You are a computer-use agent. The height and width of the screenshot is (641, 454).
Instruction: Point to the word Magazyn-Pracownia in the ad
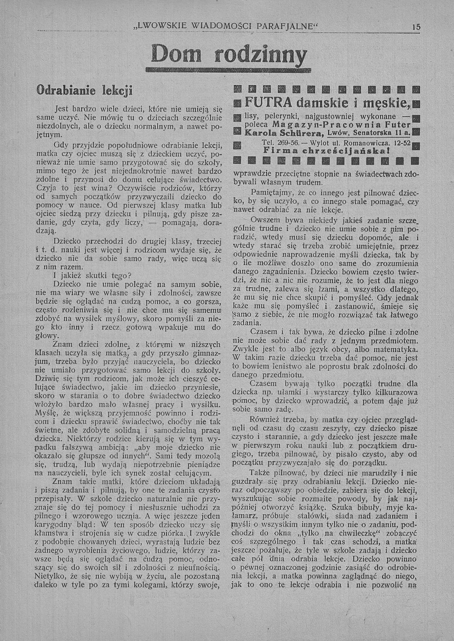[x=320, y=124]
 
